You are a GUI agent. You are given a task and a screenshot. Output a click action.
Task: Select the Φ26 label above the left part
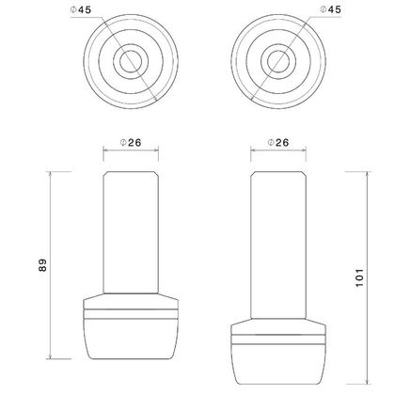[x=130, y=142]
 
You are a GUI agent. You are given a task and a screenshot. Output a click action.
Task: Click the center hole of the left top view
[x=130, y=62]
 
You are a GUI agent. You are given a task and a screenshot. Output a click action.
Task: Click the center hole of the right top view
[x=279, y=62]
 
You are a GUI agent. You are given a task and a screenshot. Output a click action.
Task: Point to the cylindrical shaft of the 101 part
[x=279, y=245]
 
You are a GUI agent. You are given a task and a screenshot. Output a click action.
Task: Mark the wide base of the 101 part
[x=279, y=353]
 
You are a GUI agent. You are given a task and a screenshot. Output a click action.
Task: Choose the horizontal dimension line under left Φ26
[x=130, y=155]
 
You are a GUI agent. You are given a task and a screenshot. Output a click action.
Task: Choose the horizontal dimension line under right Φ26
[x=279, y=155]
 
